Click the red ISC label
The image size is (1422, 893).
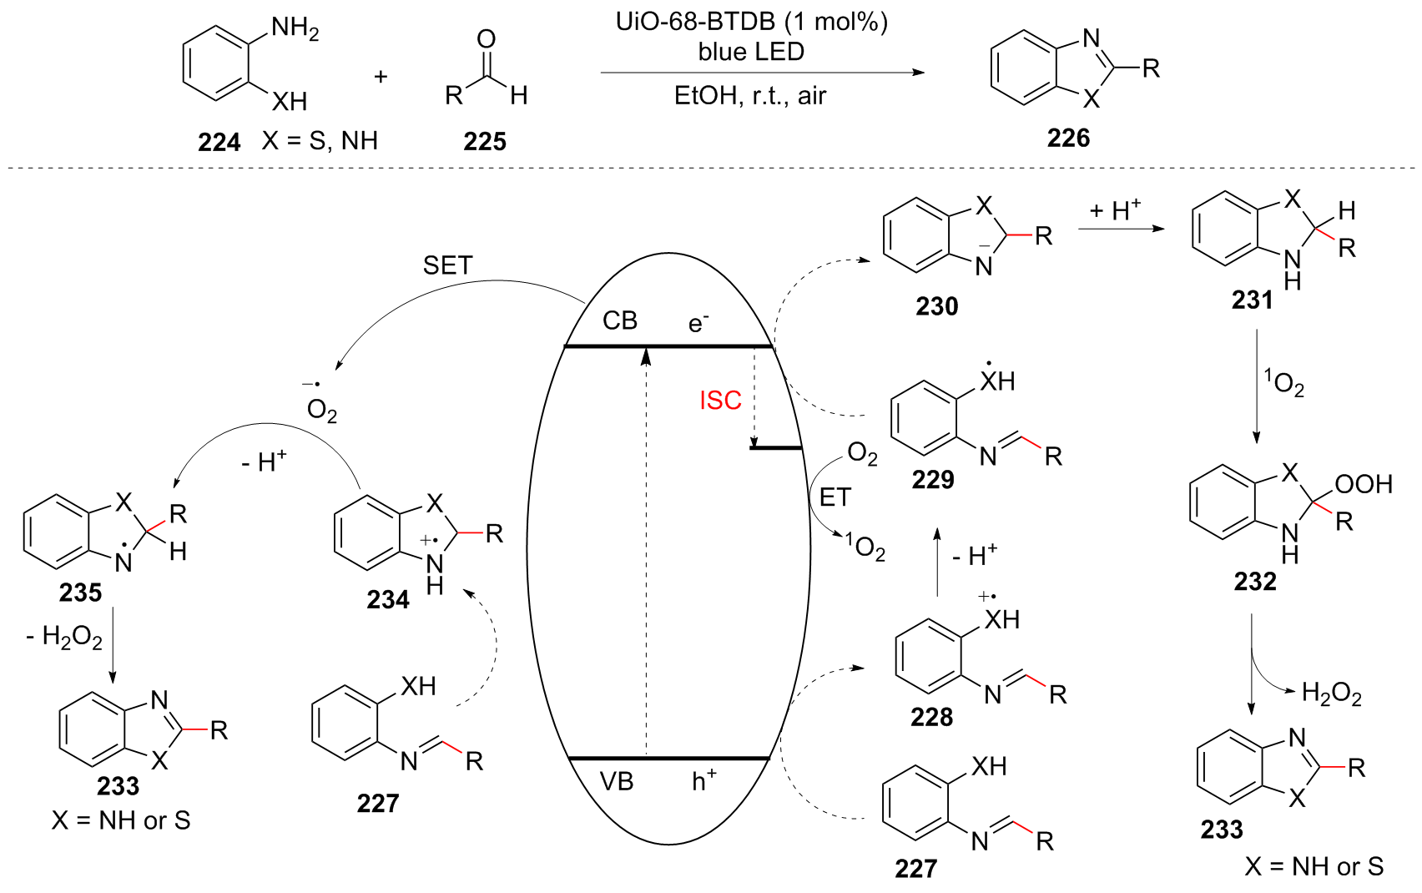720,401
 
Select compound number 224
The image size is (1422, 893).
219,143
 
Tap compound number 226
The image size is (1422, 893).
1068,138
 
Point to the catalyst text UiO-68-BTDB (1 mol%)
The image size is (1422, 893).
751,22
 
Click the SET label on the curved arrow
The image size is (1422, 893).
447,265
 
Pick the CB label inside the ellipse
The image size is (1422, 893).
620,320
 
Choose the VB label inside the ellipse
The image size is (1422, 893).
617,781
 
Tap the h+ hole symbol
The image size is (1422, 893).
703,780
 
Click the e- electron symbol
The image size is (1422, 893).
698,322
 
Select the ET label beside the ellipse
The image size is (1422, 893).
835,497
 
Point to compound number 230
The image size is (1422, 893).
936,306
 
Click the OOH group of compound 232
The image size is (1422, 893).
1364,484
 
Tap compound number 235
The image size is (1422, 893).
80,593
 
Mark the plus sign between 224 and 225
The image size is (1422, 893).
381,78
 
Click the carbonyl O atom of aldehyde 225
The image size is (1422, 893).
486,38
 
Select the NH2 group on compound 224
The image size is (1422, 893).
295,29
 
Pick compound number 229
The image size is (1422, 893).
932,479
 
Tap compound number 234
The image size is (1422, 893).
388,599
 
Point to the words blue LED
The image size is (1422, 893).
751,52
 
